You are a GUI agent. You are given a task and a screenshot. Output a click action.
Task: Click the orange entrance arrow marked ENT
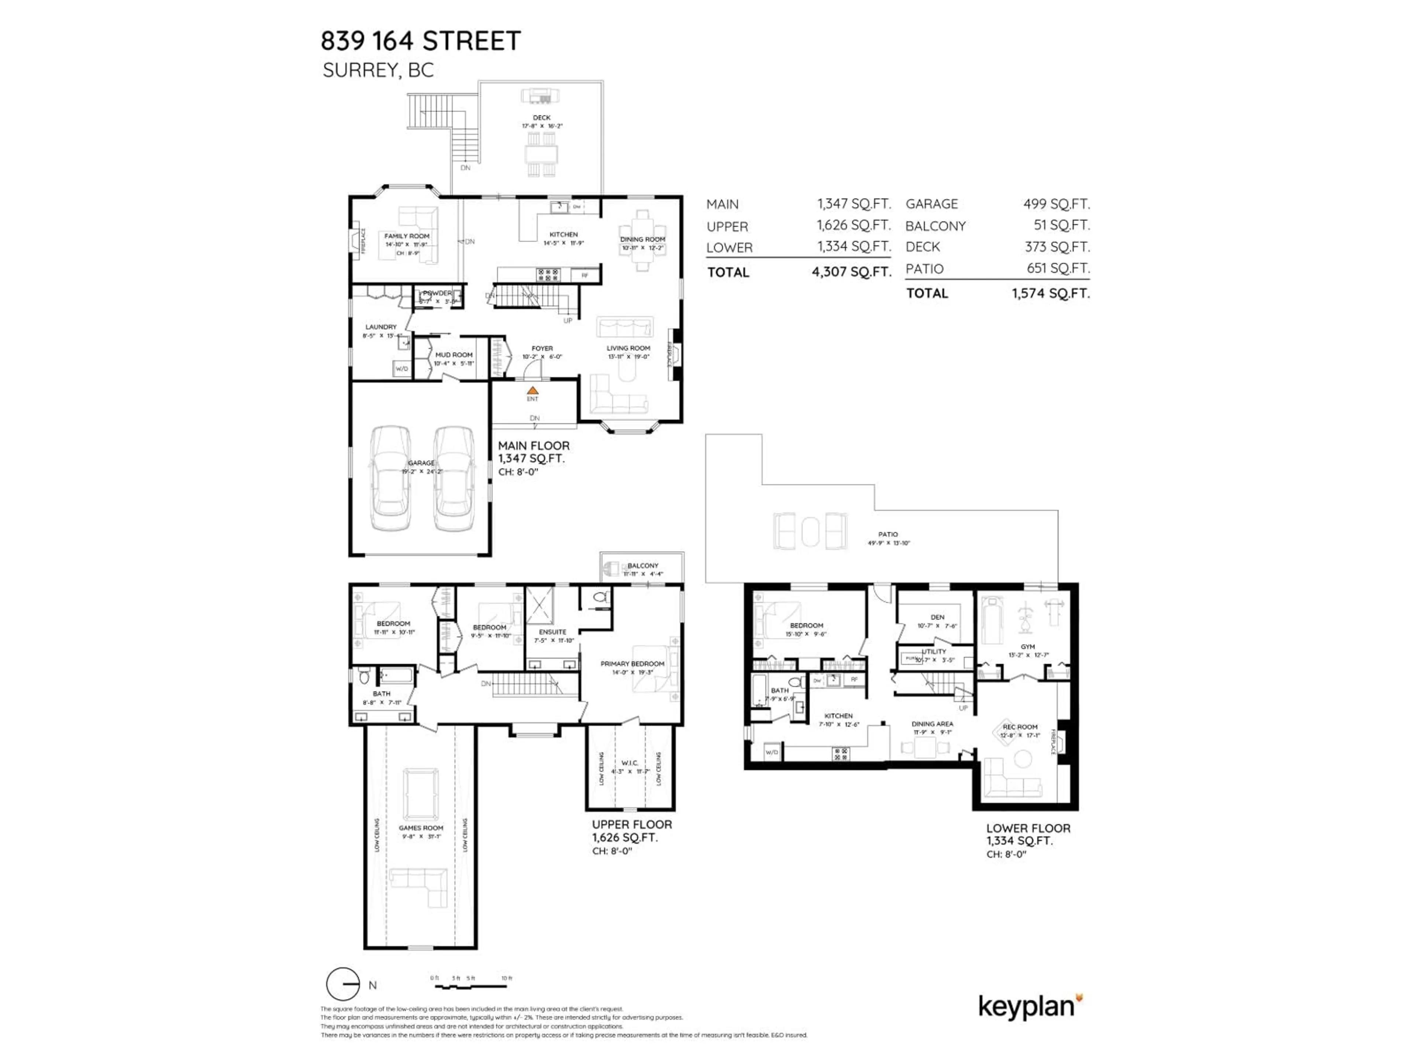[532, 391]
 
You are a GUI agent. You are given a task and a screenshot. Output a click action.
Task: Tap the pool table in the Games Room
[421, 794]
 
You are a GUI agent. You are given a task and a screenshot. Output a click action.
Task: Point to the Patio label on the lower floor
[888, 534]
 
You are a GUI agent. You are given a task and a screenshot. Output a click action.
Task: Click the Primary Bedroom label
[632, 664]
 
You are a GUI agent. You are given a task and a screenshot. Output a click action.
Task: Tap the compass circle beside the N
[343, 985]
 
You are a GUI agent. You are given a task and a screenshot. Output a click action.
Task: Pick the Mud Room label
[454, 355]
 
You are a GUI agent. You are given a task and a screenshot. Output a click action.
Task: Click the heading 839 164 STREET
[421, 41]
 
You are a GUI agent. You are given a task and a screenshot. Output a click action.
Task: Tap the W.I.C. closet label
[630, 763]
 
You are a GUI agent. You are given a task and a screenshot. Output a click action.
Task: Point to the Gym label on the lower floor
[1028, 646]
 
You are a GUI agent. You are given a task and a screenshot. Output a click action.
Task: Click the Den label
[937, 617]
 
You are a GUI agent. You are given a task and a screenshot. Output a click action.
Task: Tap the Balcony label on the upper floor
[642, 565]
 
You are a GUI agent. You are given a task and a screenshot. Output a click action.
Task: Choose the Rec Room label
[1020, 726]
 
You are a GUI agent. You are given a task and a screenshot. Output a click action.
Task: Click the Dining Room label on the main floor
[642, 239]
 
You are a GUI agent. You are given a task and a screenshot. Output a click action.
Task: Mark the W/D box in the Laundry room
[401, 369]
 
